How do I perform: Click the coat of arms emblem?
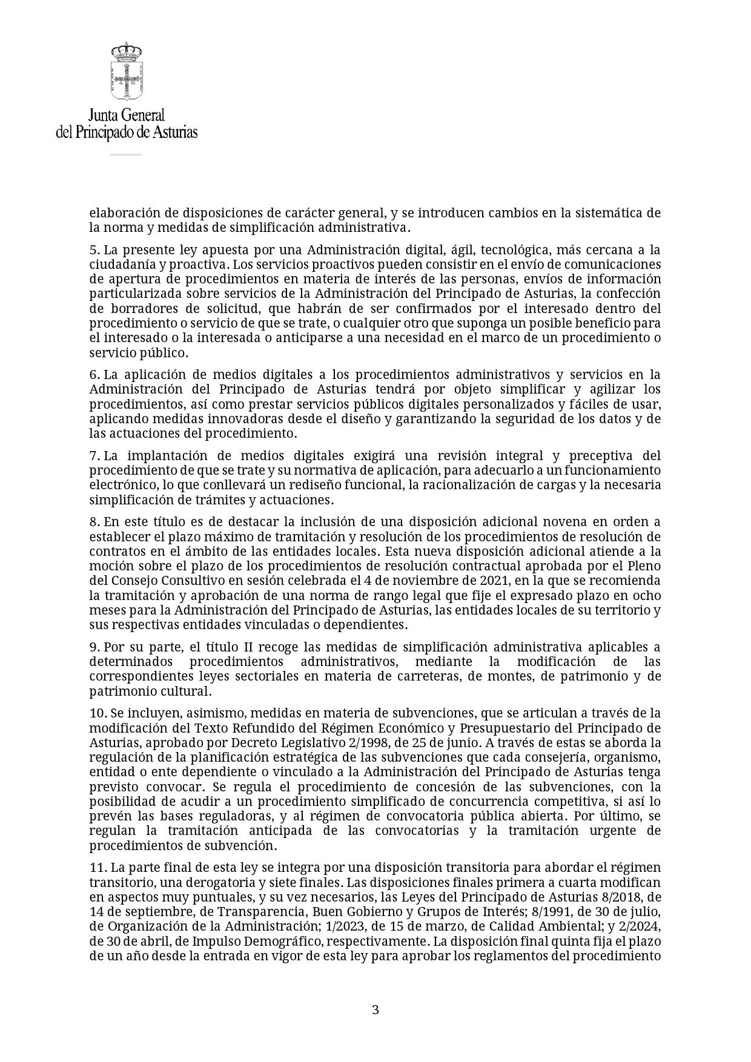coord(127,71)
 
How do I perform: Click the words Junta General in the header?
coord(127,115)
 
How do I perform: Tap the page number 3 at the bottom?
coord(375,1009)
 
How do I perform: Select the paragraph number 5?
coord(94,250)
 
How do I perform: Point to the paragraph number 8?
coord(94,522)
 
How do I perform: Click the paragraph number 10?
coord(97,713)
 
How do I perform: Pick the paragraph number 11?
coord(97,868)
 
